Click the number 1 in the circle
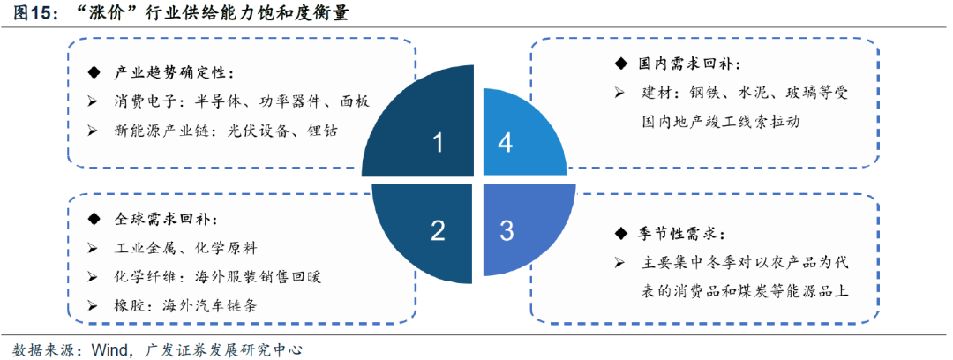coord(438,143)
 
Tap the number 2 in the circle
coord(438,231)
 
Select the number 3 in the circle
coord(507,231)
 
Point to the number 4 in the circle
coord(505,143)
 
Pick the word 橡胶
coord(128,304)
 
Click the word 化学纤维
coord(142,276)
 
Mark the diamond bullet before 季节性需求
coord(619,234)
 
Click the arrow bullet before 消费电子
coord(94,101)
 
